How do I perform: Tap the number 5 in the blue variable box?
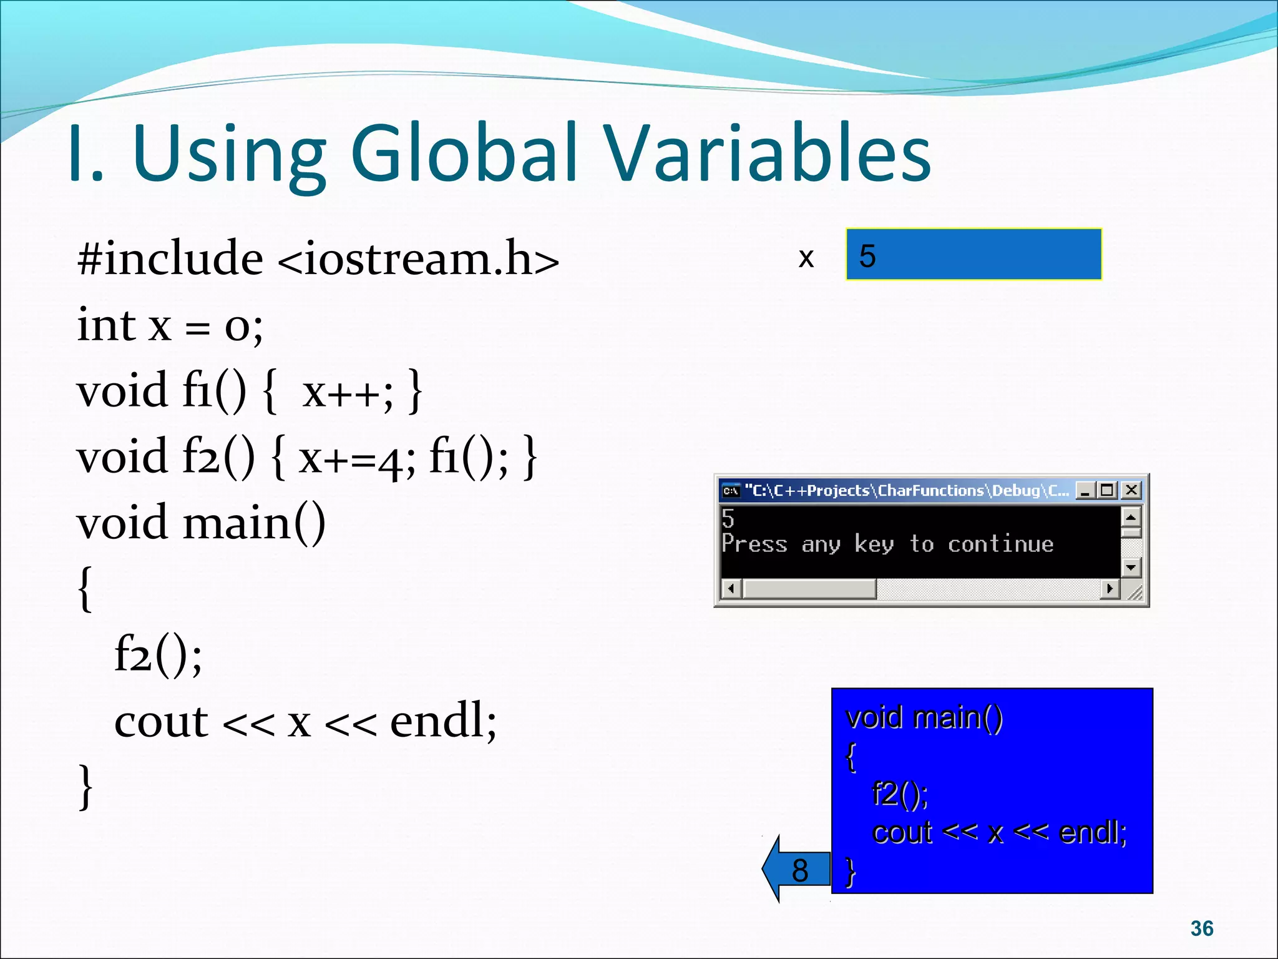[x=867, y=256]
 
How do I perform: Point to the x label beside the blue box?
[x=806, y=257]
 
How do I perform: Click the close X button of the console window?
[x=1131, y=491]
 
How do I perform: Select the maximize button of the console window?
[x=1108, y=491]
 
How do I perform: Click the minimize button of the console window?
[x=1086, y=491]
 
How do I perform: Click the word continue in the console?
[x=1000, y=544]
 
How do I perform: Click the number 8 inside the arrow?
[x=799, y=870]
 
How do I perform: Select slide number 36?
[x=1201, y=928]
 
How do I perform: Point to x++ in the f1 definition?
[x=347, y=392]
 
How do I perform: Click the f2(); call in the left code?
[x=158, y=655]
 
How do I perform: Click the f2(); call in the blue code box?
[x=900, y=794]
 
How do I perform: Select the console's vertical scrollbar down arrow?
[x=1131, y=568]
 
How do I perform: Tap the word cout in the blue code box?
[x=902, y=832]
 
